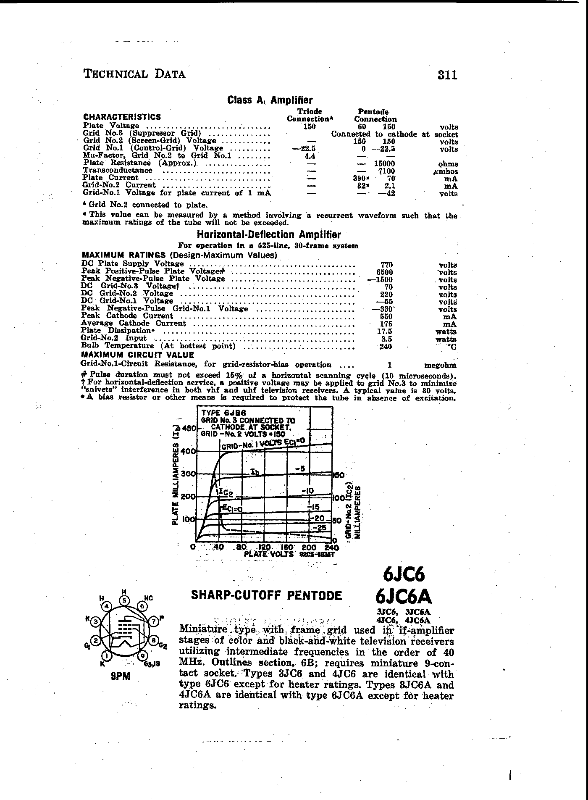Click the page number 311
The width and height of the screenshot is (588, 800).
point(447,75)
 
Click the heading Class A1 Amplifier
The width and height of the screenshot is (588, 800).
point(270,100)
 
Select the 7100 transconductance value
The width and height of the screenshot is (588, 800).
point(386,171)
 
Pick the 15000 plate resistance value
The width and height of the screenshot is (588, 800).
point(384,164)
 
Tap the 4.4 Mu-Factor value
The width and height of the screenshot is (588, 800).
point(310,156)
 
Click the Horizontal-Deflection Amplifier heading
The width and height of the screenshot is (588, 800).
point(269,235)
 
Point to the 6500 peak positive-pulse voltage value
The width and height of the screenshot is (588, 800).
point(386,272)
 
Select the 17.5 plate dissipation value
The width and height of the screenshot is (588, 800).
point(385,332)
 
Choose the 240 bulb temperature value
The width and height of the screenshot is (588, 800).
point(385,347)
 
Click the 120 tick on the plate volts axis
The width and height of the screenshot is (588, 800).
point(265,547)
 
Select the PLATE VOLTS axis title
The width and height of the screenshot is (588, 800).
point(269,554)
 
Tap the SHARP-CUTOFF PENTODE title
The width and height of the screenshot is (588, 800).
point(266,595)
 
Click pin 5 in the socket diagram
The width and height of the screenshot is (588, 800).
point(124,600)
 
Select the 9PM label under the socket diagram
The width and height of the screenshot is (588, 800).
point(121,676)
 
